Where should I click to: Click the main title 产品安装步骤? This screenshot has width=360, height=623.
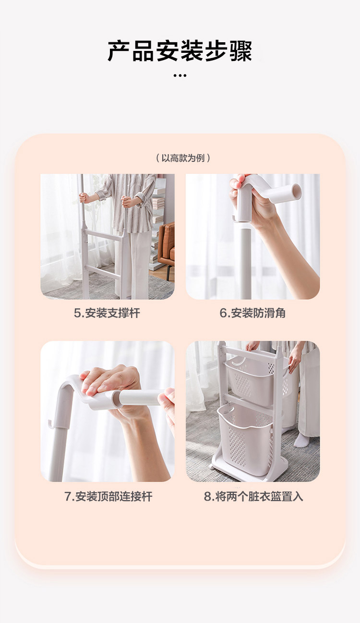(180, 51)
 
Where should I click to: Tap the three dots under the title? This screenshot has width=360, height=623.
(180, 75)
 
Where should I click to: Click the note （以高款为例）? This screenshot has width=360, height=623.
(183, 158)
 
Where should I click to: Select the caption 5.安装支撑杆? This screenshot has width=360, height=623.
(107, 313)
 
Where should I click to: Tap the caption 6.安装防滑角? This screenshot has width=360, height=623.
(252, 313)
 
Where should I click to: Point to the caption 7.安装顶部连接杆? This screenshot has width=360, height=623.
(108, 497)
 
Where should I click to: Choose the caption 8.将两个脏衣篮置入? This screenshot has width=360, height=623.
(253, 497)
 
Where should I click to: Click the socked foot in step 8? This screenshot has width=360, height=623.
(301, 440)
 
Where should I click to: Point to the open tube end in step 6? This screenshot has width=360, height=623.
(297, 192)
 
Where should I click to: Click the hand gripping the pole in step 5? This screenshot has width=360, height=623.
(83, 197)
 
